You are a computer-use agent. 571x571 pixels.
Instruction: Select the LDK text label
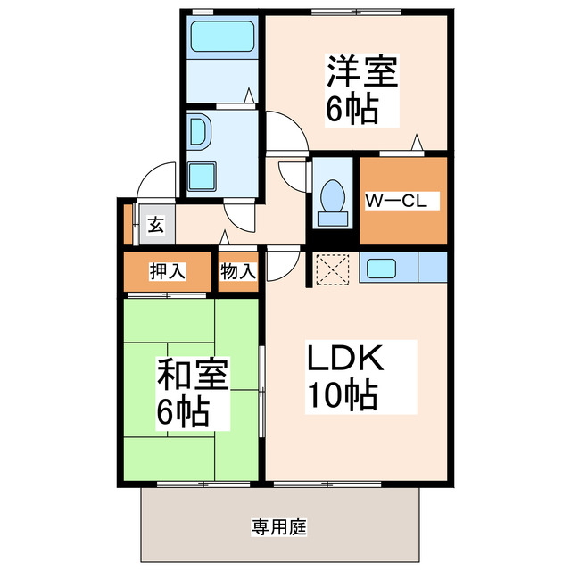[345, 360]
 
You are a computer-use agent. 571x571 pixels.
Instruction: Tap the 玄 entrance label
[155, 224]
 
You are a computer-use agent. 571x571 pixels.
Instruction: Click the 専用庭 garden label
[278, 527]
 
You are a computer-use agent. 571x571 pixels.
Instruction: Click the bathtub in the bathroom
[223, 38]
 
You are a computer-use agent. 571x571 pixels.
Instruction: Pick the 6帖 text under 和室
[183, 411]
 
